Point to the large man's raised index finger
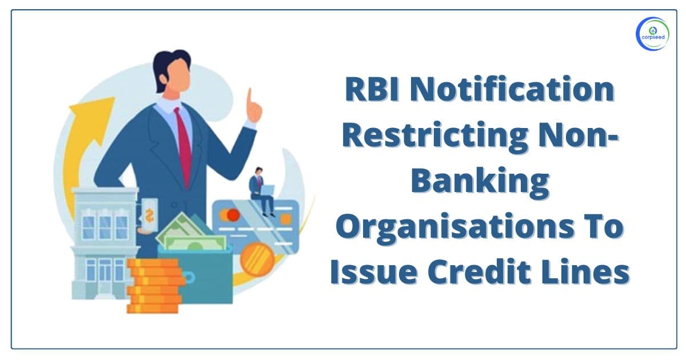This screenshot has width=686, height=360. tap(249, 98)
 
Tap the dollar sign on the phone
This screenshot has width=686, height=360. tap(150, 215)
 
